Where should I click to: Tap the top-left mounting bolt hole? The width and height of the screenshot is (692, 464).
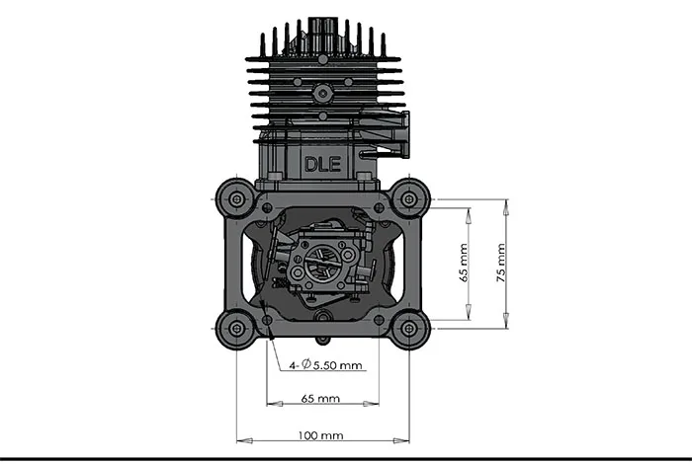tap(236, 199)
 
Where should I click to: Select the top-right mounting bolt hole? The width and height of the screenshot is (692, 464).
tap(407, 199)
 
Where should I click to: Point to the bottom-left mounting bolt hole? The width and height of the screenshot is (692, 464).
tap(236, 328)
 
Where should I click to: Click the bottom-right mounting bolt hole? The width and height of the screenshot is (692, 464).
tap(407, 328)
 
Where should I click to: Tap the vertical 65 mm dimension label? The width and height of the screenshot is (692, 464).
tap(463, 262)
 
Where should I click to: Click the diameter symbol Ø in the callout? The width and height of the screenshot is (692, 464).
tap(305, 365)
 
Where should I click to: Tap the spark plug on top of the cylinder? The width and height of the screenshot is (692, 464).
tap(322, 27)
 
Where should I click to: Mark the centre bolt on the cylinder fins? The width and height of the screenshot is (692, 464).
tap(321, 92)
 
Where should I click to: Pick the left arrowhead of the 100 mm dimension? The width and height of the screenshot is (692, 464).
tap(241, 439)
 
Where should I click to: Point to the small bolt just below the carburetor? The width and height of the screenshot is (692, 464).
tap(321, 317)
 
